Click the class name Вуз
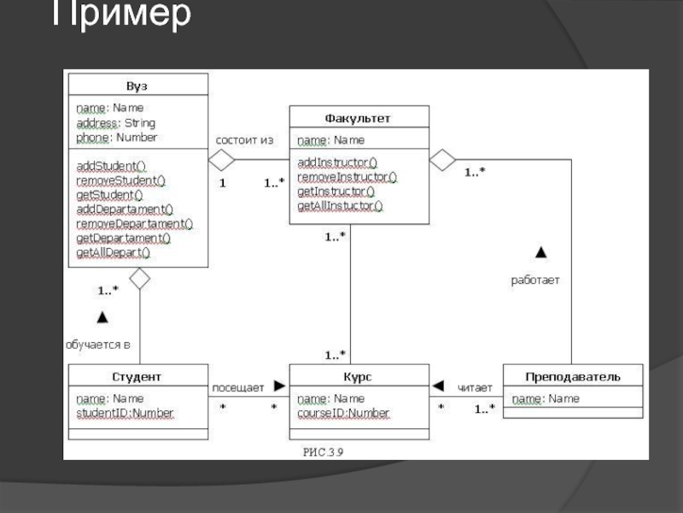137,86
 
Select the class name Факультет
358,118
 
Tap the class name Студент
137,376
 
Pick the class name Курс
359,376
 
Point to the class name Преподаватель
572,376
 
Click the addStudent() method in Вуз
111,165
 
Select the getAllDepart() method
113,253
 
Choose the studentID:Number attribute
125,414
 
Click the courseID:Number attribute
343,414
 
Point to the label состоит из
244,139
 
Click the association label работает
535,280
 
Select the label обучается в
98,345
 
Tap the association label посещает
237,387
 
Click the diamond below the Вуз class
139,278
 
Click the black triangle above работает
540,252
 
